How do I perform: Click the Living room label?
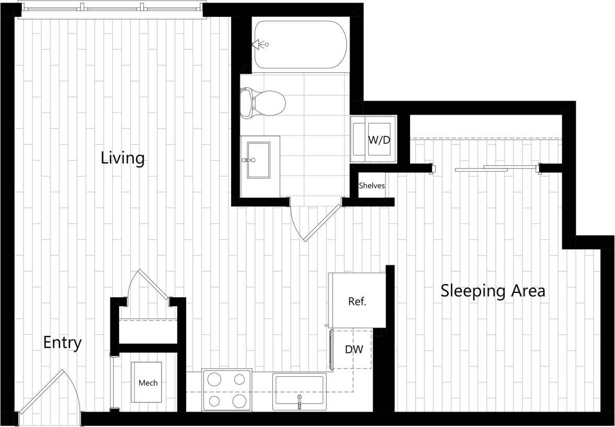click(122, 158)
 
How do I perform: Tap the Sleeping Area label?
click(493, 290)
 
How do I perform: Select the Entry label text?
click(62, 343)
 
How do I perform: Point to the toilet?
click(263, 102)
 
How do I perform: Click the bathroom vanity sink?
click(258, 160)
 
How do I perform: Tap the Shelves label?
click(372, 186)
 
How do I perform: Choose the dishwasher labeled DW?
click(354, 349)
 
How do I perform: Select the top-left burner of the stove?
click(213, 379)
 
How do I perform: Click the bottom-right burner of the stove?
click(240, 401)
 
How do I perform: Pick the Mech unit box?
click(147, 383)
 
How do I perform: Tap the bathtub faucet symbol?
click(259, 45)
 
